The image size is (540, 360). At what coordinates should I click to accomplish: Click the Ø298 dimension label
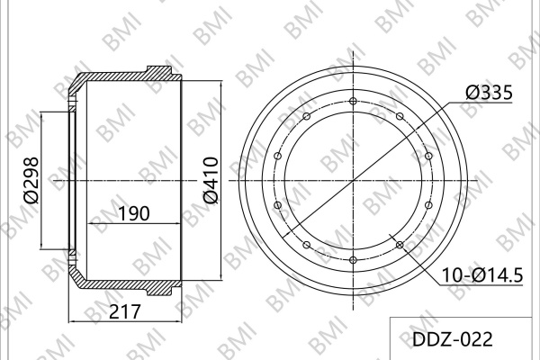tap(31, 180)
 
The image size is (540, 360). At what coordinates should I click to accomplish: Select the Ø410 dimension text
tap(211, 180)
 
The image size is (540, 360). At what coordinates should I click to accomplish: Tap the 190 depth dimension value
tap(134, 213)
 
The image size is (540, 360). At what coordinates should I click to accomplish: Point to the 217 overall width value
tap(125, 311)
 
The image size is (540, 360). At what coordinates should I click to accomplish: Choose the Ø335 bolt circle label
tap(490, 93)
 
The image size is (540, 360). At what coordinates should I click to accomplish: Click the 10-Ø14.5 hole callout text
tap(482, 275)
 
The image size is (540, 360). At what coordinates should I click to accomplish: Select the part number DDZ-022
tap(453, 339)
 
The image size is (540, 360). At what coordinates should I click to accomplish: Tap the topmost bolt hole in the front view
tap(353, 101)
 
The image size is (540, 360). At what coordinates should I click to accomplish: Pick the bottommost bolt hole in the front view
tap(353, 259)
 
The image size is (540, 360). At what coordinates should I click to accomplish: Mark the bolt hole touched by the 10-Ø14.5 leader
tap(400, 245)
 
